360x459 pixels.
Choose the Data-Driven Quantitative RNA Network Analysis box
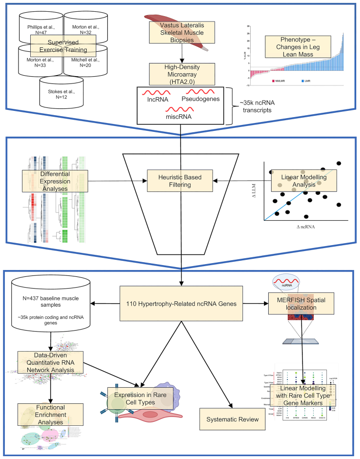tap(50, 361)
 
